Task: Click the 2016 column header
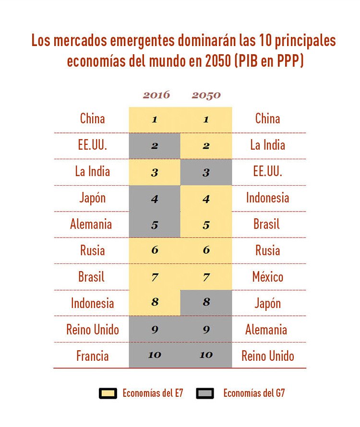[156, 95]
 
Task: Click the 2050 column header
[206, 95]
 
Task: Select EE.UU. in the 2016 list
[92, 145]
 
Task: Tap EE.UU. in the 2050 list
[267, 171]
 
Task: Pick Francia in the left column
[92, 356]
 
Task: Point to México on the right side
[267, 277]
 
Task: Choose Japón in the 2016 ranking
[92, 198]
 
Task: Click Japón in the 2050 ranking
[267, 303]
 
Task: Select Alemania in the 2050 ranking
[266, 330]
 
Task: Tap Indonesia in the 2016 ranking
[92, 303]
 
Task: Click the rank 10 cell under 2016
[155, 355]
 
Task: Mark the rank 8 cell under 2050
[206, 303]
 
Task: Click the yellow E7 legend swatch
[108, 393]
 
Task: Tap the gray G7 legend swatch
[205, 393]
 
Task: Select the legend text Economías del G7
[254, 393]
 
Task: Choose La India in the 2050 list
[267, 145]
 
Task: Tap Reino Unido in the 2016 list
[92, 330]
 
